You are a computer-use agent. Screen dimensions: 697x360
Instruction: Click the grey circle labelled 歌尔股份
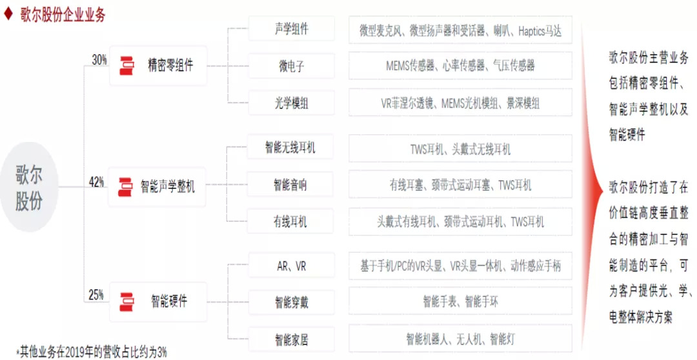click(x=29, y=186)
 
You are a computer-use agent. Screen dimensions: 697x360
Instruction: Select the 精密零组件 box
click(x=158, y=66)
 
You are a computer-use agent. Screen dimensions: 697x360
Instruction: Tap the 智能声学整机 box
click(x=157, y=186)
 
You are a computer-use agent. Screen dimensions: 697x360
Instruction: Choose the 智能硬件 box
click(x=158, y=302)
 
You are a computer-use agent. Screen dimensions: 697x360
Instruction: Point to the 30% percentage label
click(x=99, y=60)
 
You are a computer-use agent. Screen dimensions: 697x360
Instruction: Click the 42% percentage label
click(x=96, y=181)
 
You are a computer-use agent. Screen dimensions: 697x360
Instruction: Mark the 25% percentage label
click(x=96, y=295)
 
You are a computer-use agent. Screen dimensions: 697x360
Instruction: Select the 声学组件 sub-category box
click(x=291, y=29)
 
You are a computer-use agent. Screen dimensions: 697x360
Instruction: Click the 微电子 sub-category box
click(x=291, y=66)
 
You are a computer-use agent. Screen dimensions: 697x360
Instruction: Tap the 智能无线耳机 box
click(x=290, y=147)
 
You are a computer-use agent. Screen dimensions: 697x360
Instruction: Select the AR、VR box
click(x=291, y=266)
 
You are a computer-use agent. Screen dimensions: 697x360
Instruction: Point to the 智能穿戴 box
click(x=291, y=303)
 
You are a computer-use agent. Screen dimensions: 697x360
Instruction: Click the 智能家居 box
click(x=291, y=339)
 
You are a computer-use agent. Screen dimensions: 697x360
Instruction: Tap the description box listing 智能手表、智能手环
click(x=461, y=302)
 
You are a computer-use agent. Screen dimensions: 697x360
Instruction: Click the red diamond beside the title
click(x=8, y=14)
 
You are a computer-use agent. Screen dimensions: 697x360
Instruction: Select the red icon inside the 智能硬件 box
click(x=126, y=302)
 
